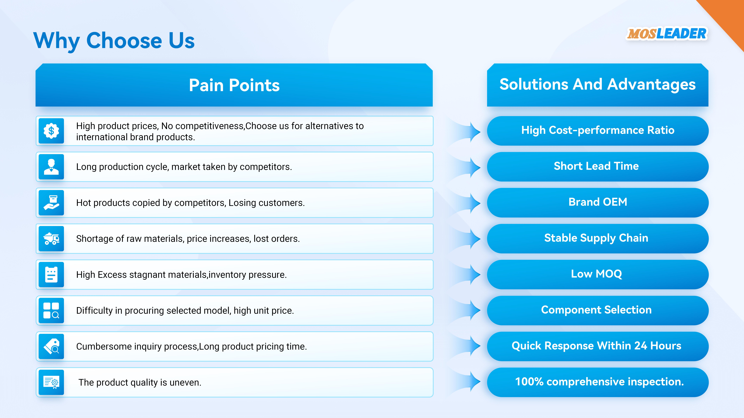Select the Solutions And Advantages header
[598, 85]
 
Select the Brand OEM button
[598, 203]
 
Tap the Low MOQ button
[598, 274]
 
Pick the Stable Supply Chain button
[598, 239]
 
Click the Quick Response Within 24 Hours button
[598, 346]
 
